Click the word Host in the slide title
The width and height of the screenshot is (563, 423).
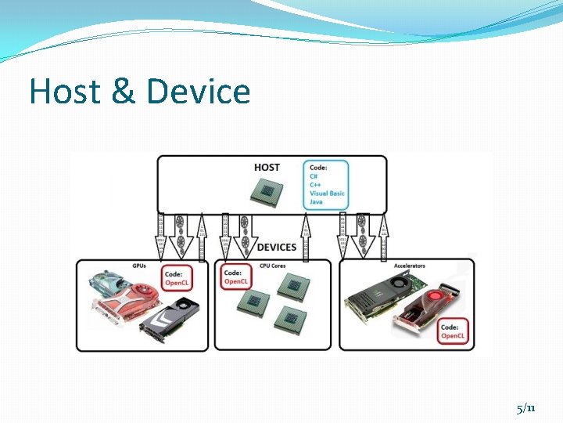click(x=66, y=92)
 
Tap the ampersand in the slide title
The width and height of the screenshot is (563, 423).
click(x=124, y=92)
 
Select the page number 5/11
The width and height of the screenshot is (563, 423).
click(x=526, y=408)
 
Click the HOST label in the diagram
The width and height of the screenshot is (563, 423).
click(x=267, y=167)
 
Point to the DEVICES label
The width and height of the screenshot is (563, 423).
click(x=277, y=247)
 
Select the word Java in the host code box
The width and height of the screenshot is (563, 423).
click(x=316, y=202)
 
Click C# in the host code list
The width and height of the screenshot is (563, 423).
click(x=313, y=176)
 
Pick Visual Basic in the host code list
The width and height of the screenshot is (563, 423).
click(x=327, y=193)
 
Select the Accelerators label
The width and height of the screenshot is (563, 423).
click(x=410, y=266)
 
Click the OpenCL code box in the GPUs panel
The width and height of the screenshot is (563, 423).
click(x=177, y=277)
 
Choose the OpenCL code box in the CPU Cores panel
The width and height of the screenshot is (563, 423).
click(x=235, y=277)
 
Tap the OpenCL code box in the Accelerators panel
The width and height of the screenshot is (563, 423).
click(x=451, y=331)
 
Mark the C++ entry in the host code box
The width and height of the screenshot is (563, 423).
click(x=314, y=185)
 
